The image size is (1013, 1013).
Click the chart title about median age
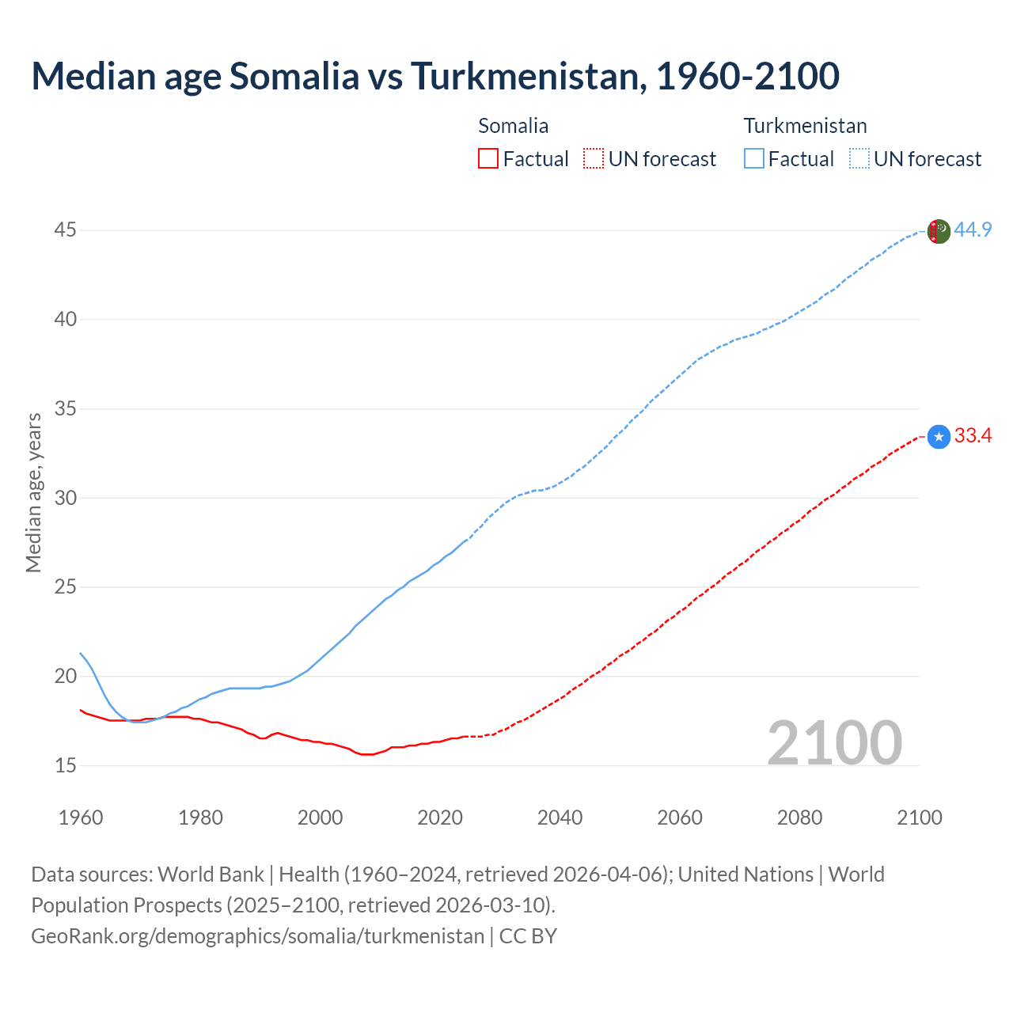[x=434, y=76]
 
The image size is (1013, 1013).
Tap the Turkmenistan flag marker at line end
[x=939, y=231]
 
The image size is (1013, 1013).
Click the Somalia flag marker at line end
[x=939, y=437]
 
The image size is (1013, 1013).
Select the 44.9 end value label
[x=973, y=230]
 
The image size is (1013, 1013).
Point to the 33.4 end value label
[x=973, y=436]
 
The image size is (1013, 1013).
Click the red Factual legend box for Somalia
[x=488, y=159]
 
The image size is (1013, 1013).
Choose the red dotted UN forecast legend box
[x=594, y=159]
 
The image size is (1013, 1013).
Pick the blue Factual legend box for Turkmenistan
[x=753, y=159]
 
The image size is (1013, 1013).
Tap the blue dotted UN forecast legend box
[x=859, y=159]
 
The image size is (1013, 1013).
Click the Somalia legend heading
[x=513, y=126]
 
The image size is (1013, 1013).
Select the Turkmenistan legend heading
[x=805, y=126]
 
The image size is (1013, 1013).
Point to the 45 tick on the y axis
[x=65, y=230]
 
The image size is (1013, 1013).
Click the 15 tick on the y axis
[x=65, y=765]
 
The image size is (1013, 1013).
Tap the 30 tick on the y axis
[x=65, y=498]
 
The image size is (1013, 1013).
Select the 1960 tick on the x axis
[x=81, y=818]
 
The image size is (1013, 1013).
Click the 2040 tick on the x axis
[x=560, y=818]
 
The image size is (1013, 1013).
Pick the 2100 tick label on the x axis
[x=919, y=818]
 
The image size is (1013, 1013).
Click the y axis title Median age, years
[x=33, y=492]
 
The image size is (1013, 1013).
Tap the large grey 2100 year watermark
[x=834, y=743]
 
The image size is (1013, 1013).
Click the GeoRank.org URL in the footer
[x=257, y=936]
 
